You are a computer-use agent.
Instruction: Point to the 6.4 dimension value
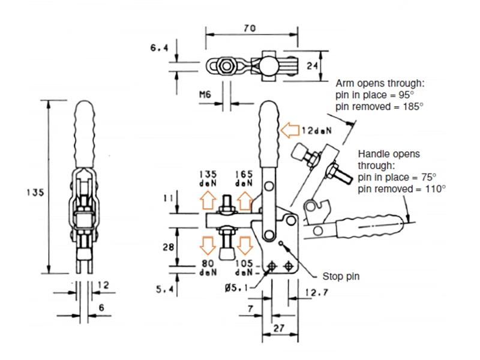click(158, 48)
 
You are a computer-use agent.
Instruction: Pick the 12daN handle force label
click(315, 130)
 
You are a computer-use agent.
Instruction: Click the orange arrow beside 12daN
click(290, 129)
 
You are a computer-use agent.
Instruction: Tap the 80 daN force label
click(209, 268)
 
